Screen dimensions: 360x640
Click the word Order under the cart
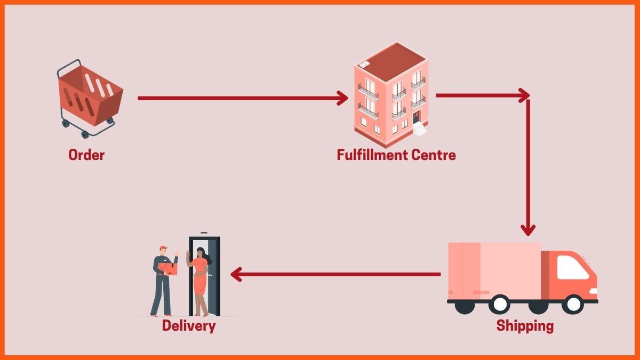(x=86, y=155)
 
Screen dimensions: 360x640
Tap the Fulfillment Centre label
(x=396, y=155)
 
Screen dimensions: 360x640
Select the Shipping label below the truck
(x=525, y=325)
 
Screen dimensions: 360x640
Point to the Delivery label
(x=189, y=325)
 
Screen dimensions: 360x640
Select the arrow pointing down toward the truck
(x=528, y=165)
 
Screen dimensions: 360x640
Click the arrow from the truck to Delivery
(x=336, y=275)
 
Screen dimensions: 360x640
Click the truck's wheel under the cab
(x=573, y=304)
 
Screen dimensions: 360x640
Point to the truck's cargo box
(x=493, y=269)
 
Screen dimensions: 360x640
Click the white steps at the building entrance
(x=421, y=129)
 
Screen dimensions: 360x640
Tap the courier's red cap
(x=163, y=248)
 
